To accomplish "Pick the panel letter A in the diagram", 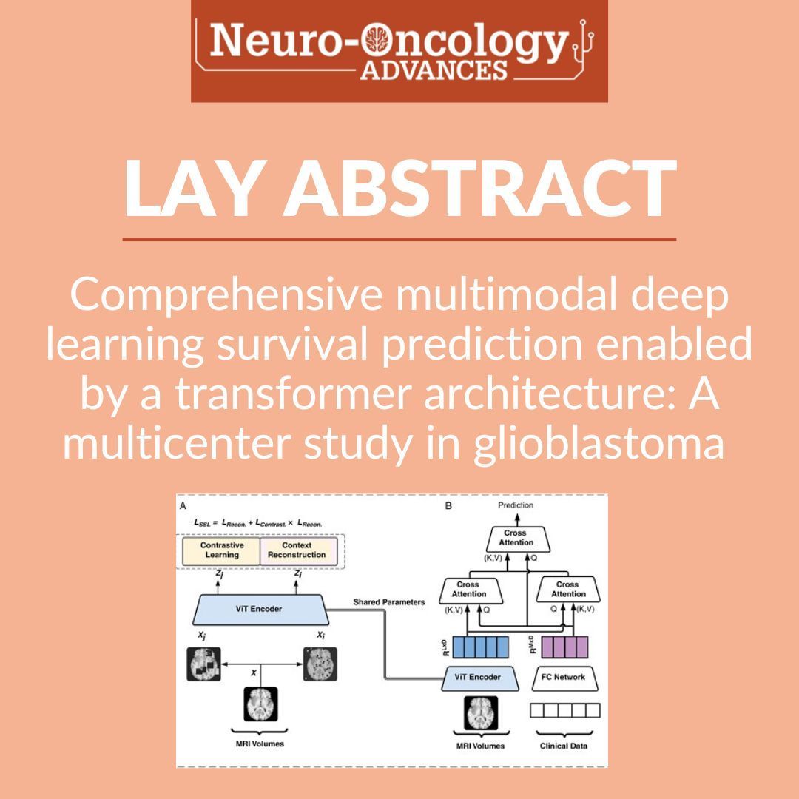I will click(183, 507).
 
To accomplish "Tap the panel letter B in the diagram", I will click(448, 507).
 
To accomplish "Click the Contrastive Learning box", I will click(222, 550).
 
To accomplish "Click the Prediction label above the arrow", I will click(515, 505).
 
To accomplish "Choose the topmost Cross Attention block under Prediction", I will click(516, 538).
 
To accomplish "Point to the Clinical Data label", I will click(564, 746).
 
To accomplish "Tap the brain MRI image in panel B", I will click(481, 713).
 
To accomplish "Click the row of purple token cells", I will click(564, 646).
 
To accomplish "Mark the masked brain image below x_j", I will click(203, 664).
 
